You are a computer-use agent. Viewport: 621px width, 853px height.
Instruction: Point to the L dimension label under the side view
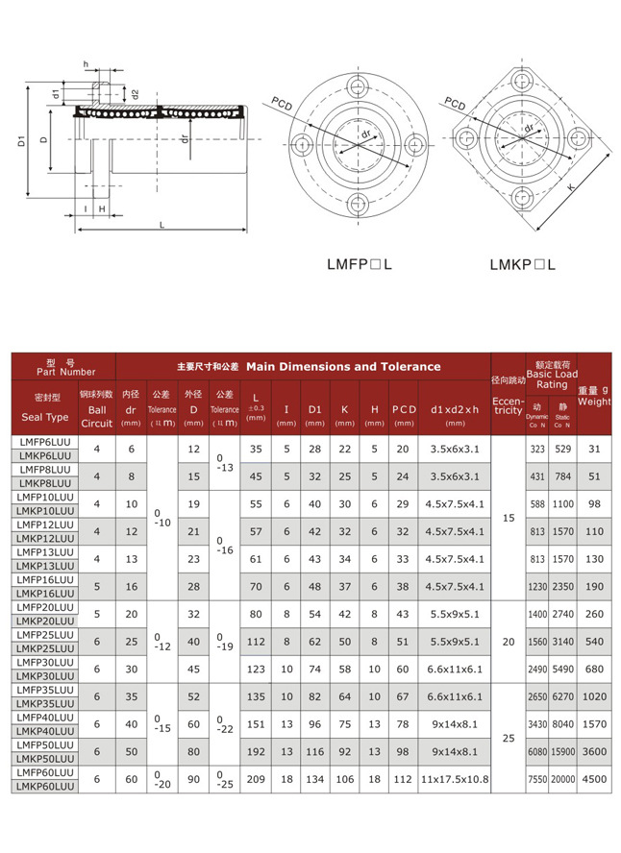161,225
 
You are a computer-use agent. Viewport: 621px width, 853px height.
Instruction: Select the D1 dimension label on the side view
21,142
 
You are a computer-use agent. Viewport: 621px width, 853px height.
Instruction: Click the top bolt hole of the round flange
360,89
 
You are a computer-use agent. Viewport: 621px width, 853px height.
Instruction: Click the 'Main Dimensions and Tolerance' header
343,366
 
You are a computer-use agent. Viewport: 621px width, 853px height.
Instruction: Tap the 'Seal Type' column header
45,417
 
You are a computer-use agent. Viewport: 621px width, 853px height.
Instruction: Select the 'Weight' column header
594,402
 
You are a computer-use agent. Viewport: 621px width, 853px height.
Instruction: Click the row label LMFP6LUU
44,442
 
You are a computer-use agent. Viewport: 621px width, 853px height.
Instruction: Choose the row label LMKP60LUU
45,787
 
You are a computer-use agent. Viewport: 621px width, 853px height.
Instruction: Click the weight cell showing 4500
594,780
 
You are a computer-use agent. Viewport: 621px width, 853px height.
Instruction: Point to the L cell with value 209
255,780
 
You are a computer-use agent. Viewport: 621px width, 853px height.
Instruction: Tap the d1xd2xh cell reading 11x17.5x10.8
455,780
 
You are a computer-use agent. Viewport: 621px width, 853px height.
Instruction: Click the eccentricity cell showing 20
509,642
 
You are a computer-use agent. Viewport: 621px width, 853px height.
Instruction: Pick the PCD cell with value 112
403,780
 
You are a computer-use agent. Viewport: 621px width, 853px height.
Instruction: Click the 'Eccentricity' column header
509,405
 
